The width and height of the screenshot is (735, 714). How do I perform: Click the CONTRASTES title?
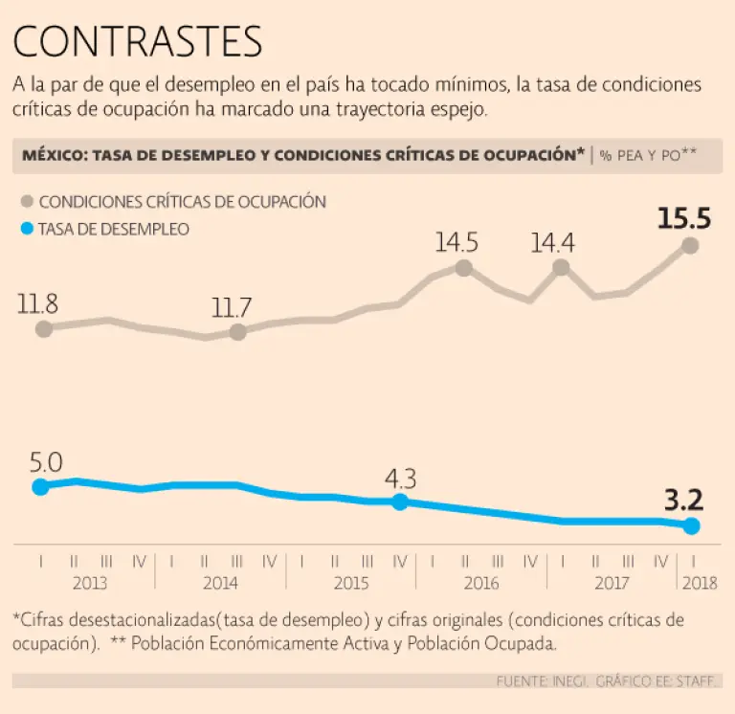pos(138,42)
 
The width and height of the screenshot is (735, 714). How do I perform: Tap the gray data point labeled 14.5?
pos(464,268)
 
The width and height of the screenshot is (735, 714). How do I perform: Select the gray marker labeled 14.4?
pos(561,267)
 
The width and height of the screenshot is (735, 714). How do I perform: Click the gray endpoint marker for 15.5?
pos(690,246)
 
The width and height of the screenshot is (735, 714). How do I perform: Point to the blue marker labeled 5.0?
pos(40,486)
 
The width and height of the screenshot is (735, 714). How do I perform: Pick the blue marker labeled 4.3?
pos(400,502)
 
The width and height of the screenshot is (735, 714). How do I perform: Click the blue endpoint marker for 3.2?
pos(692,526)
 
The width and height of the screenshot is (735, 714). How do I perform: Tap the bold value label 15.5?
pos(684,219)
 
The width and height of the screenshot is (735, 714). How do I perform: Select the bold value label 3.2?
pos(683,500)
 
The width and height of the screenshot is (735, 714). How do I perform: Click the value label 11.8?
pos(37,305)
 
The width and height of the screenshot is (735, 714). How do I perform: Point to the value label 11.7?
pos(232,308)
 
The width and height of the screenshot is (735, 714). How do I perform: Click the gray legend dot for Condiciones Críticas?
pos(26,202)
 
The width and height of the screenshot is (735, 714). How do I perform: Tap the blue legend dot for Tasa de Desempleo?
pos(26,229)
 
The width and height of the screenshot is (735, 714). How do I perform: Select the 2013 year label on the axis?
pos(90,583)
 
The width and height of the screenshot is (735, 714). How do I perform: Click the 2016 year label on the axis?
pos(480,583)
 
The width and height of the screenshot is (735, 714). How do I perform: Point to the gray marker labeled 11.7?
pos(238,332)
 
